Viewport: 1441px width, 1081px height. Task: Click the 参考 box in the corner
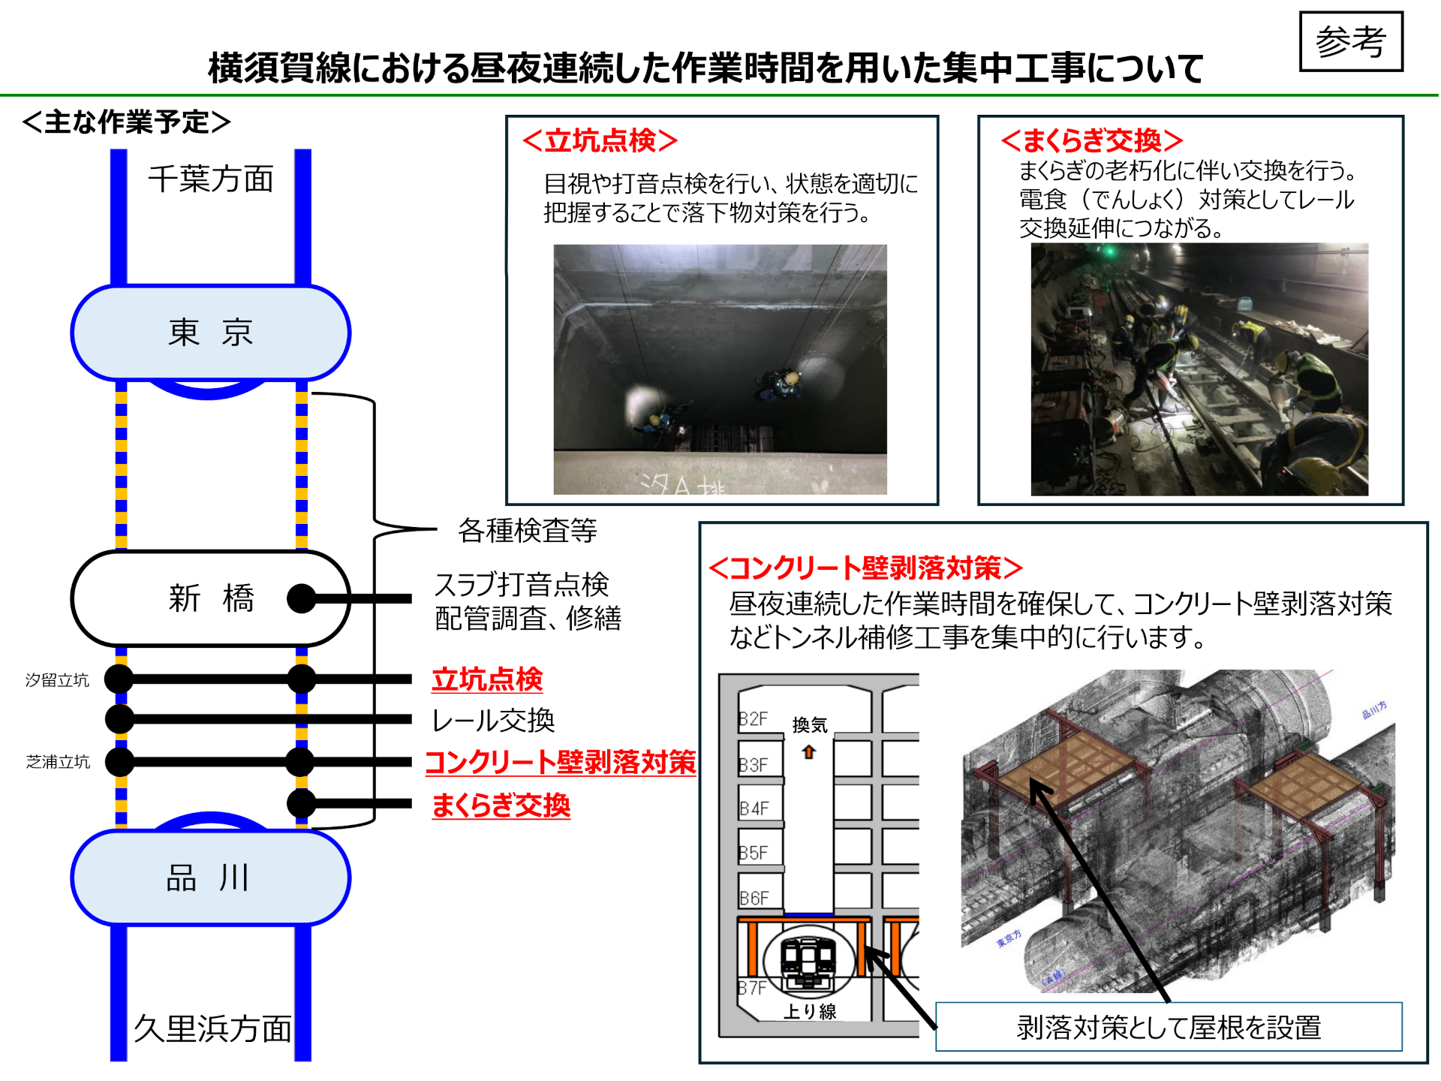[1350, 41]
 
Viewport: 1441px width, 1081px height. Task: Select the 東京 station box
[211, 333]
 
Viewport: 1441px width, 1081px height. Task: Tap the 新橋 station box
[211, 598]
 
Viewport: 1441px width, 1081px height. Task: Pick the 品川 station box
[211, 877]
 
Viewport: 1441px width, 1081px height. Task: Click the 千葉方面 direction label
[211, 179]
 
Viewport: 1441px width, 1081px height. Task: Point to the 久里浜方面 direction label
[212, 1028]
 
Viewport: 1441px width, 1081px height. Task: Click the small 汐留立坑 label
[57, 680]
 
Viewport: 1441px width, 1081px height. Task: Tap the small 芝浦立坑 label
[58, 762]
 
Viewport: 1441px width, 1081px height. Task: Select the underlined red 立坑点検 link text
[487, 679]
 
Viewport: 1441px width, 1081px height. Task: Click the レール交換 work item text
[493, 721]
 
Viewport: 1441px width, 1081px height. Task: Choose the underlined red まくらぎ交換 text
[501, 805]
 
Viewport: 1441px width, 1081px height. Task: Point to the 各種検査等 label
[527, 531]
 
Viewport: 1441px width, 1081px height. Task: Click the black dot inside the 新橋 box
[302, 598]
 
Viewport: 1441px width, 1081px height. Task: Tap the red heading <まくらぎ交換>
[1092, 140]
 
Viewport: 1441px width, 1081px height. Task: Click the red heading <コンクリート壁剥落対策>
[865, 568]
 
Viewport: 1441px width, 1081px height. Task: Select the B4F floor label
[754, 808]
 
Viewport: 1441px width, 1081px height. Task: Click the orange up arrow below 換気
[808, 751]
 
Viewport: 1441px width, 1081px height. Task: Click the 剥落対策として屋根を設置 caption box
[1169, 1027]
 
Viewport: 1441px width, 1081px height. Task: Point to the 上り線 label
[810, 1011]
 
